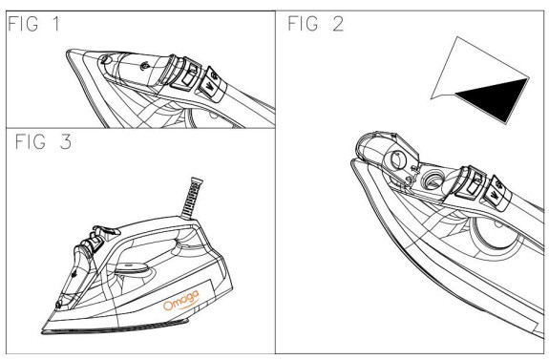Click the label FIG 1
pos(33,24)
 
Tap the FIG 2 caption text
pos(315,24)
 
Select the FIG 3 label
pos(43,141)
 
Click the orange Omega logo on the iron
pos(181,301)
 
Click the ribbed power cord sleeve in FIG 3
pos(192,198)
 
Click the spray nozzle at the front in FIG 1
pos(105,59)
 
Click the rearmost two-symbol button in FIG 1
pos(212,84)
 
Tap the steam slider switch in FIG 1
pos(187,74)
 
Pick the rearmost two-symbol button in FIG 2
pos(497,193)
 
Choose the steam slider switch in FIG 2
pos(471,183)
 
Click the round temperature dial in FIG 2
pos(496,234)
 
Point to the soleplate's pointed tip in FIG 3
pos(43,331)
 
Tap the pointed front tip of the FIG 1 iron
pos(68,52)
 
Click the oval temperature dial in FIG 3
pos(133,269)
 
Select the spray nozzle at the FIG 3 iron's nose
pos(58,305)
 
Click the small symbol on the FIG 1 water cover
pos(143,66)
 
